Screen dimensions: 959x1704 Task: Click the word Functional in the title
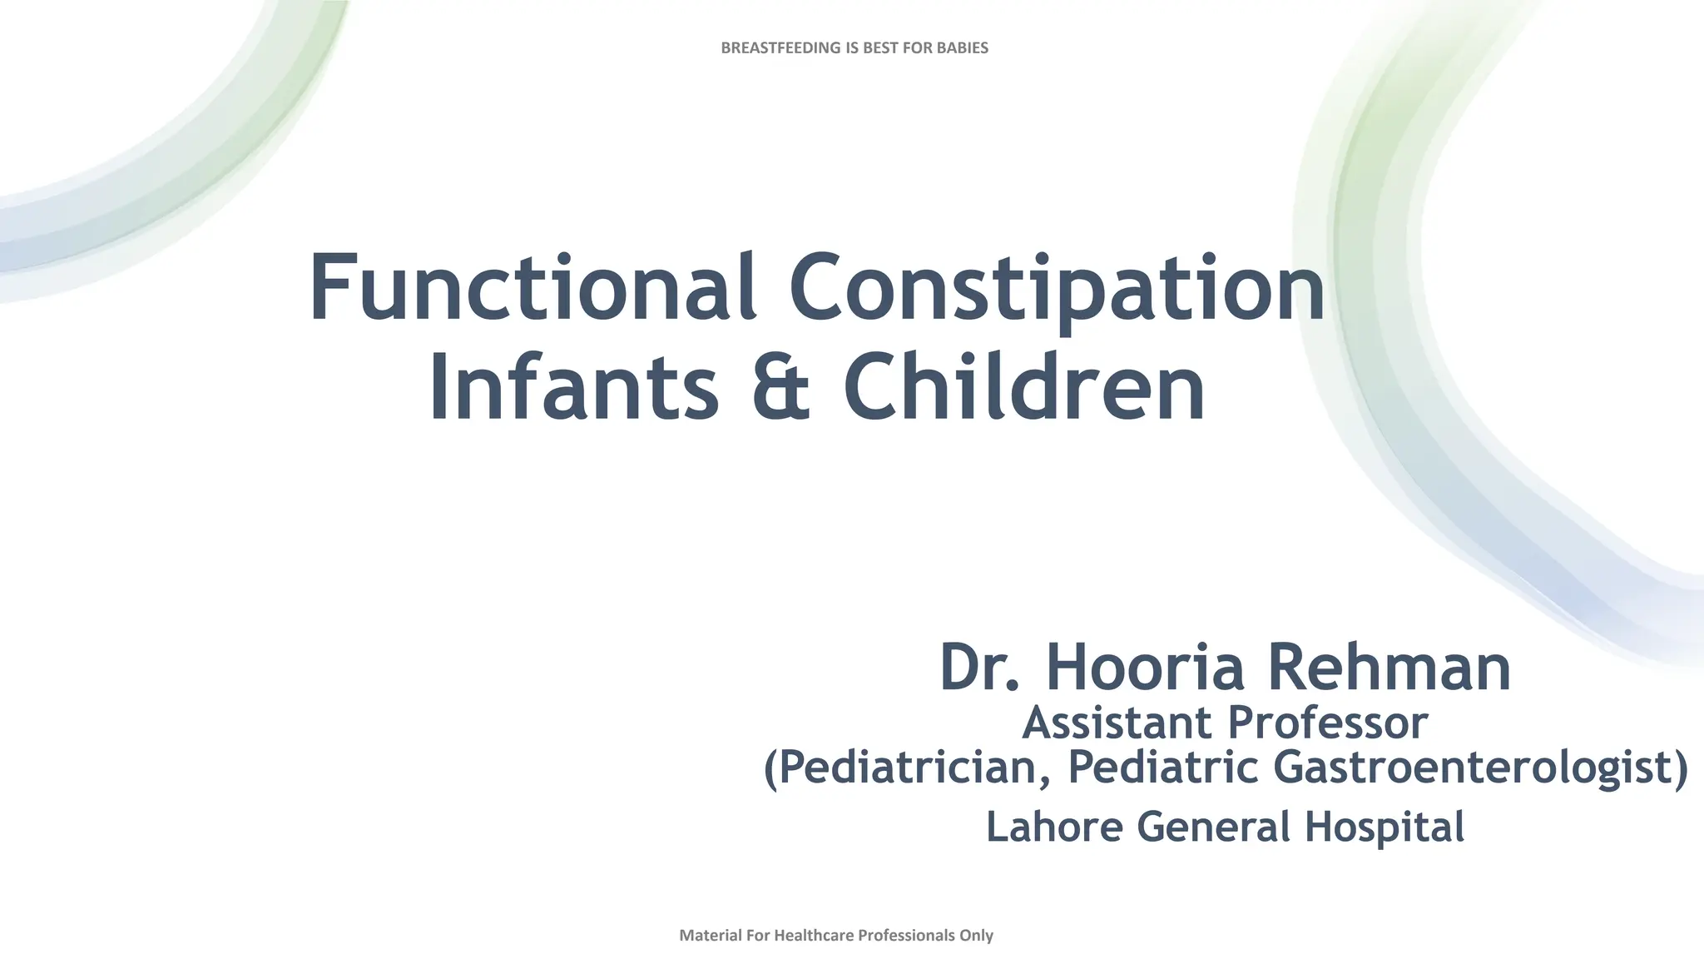click(532, 287)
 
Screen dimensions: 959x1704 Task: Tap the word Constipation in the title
click(1057, 289)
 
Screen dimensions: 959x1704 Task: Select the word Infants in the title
click(573, 388)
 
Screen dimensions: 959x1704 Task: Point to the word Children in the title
click(1024, 388)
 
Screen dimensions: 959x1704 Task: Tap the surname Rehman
click(1389, 668)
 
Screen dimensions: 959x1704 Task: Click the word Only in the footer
click(976, 936)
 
